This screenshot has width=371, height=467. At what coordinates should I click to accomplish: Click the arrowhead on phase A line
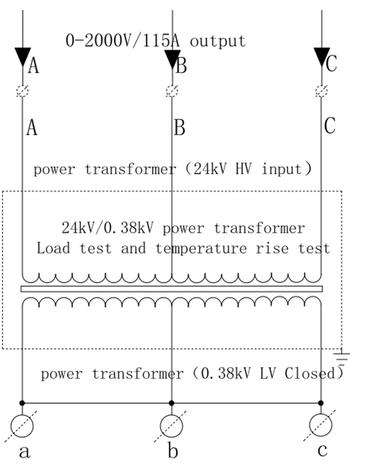pyautogui.click(x=23, y=56)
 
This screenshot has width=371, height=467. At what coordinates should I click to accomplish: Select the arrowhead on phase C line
pyautogui.click(x=322, y=56)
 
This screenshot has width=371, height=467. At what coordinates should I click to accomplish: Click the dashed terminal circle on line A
pyautogui.click(x=22, y=91)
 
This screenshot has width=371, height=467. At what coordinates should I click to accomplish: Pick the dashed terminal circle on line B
pyautogui.click(x=172, y=91)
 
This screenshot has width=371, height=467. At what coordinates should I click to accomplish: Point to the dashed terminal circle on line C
pyautogui.click(x=322, y=91)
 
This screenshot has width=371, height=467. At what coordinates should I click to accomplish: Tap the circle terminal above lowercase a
pyautogui.click(x=22, y=426)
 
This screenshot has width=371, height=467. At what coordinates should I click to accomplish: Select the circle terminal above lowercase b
pyautogui.click(x=171, y=426)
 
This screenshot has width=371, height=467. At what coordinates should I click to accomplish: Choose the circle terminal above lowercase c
pyautogui.click(x=321, y=425)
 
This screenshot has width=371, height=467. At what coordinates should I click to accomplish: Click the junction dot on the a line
pyautogui.click(x=22, y=403)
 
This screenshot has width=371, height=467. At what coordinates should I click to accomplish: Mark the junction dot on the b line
pyautogui.click(x=171, y=403)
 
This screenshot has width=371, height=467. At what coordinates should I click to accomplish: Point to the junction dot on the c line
pyautogui.click(x=321, y=403)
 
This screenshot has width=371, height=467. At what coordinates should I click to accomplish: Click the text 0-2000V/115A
pyautogui.click(x=122, y=40)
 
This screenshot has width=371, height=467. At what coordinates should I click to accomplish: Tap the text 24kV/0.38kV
pyautogui.click(x=108, y=228)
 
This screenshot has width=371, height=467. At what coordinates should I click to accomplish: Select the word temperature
pyautogui.click(x=202, y=249)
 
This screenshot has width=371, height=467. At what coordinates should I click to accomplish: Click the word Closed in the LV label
pyautogui.click(x=310, y=373)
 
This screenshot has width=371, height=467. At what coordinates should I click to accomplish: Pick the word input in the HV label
pyautogui.click(x=282, y=169)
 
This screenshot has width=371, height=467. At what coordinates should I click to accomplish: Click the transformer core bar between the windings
pyautogui.click(x=171, y=289)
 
